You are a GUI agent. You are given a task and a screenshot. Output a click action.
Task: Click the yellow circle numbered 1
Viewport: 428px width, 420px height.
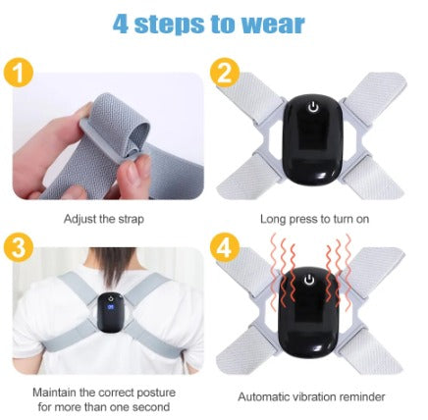point(19,73)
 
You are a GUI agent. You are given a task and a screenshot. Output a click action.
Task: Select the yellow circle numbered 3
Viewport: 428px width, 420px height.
point(19,248)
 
